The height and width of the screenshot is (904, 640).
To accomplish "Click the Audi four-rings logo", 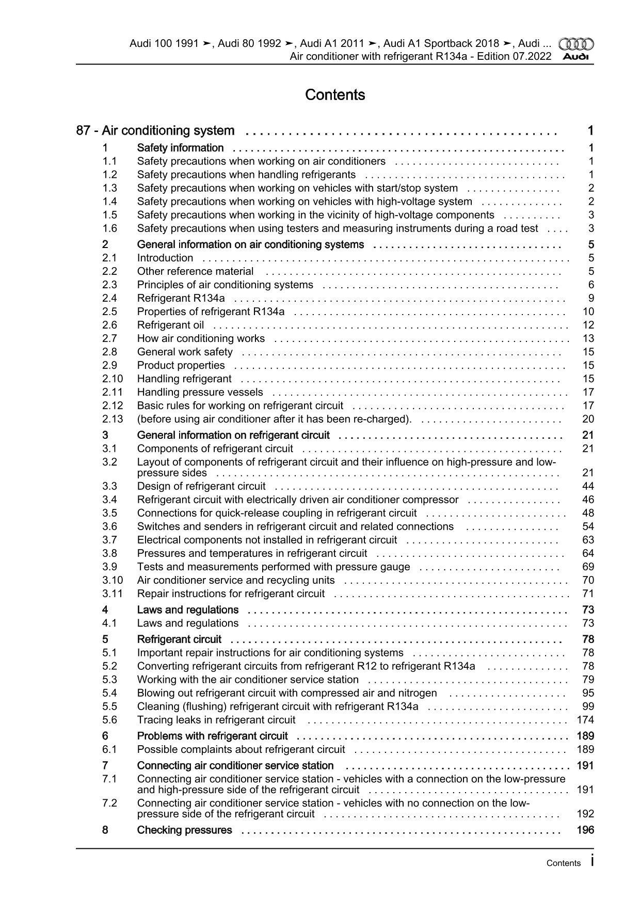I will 576,44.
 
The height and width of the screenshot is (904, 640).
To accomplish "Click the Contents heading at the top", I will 335,95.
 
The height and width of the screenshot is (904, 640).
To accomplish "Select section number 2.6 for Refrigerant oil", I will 109,325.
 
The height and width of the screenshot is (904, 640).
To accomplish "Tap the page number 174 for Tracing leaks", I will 585,720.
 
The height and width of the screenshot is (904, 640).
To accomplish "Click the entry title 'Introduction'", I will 165,258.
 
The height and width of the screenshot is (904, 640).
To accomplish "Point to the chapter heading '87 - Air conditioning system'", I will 155,131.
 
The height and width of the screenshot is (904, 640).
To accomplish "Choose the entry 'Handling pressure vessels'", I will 200,392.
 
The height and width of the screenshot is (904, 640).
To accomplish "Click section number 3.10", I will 112,580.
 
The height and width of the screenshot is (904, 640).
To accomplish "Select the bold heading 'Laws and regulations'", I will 188,610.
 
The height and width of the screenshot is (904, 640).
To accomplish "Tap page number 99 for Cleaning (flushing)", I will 588,706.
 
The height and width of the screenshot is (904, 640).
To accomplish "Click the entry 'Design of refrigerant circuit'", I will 201,486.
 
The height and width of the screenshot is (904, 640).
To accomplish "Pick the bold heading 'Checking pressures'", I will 185,830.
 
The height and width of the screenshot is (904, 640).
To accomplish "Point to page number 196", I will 585,830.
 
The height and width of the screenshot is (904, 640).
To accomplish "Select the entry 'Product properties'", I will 181,365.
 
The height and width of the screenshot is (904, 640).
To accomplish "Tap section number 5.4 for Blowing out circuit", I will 109,693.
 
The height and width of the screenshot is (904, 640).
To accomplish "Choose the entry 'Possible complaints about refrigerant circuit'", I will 241,749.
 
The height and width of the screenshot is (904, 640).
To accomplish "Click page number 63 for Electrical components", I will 588,540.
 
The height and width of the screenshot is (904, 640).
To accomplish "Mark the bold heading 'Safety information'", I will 180,148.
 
